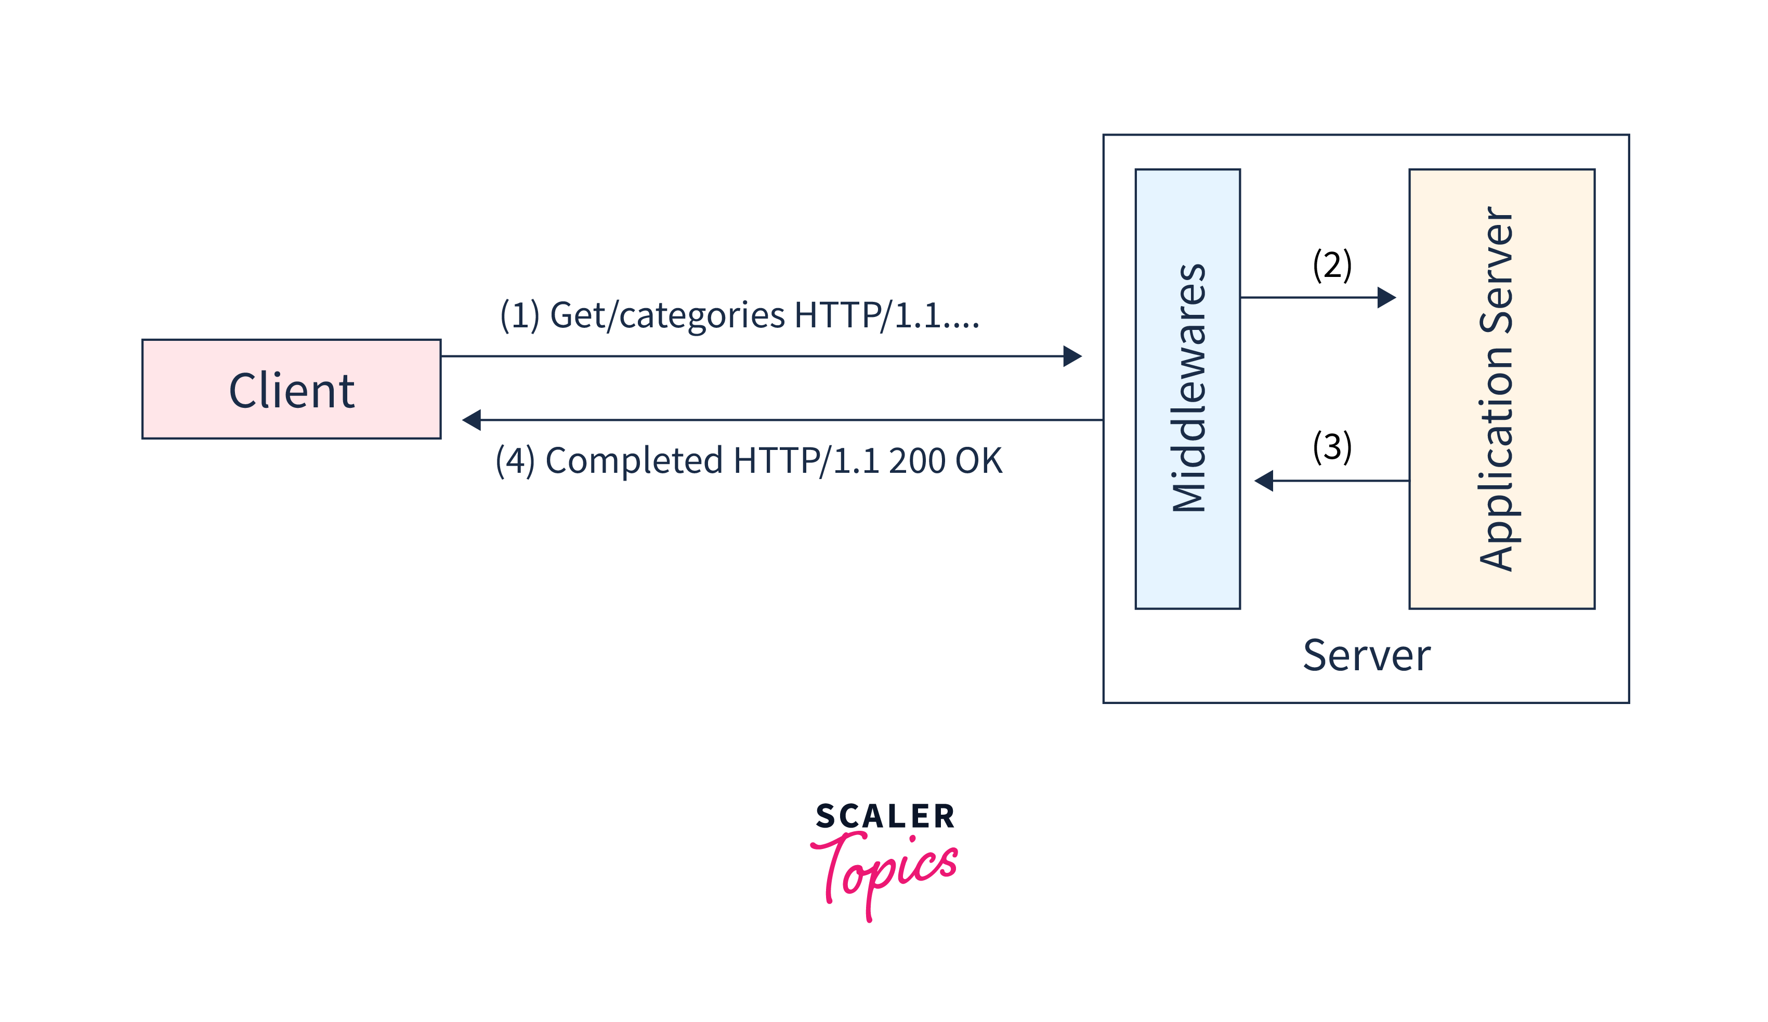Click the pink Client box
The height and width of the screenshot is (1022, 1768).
[x=291, y=389]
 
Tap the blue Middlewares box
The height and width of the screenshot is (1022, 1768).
[x=1187, y=389]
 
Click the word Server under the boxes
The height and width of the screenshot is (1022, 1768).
[x=1366, y=656]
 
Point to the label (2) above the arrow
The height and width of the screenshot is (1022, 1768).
[x=1332, y=264]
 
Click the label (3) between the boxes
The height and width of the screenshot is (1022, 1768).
[x=1332, y=447]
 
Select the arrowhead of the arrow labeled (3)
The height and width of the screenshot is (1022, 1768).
[x=1264, y=481]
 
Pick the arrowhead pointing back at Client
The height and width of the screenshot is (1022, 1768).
[x=472, y=420]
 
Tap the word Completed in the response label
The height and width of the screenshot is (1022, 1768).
[x=634, y=461]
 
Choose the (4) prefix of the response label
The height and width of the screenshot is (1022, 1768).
[x=515, y=461]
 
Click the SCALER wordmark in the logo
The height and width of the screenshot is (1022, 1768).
[x=885, y=816]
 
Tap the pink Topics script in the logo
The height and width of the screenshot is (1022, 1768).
[x=885, y=870]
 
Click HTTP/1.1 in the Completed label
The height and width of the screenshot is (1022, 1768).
[x=806, y=461]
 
